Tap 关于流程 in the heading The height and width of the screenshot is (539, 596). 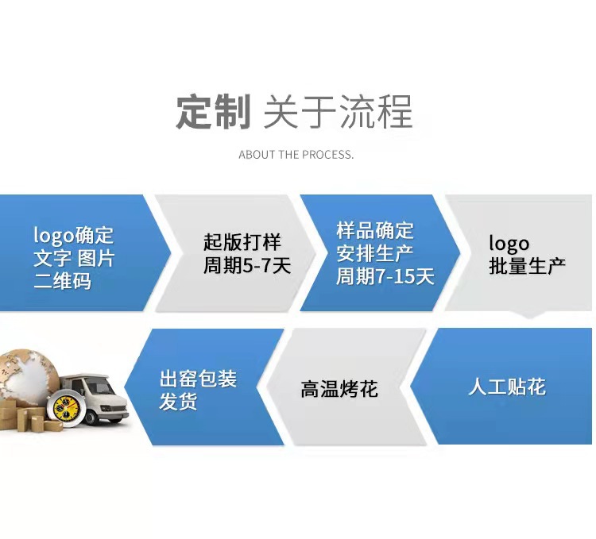(338, 112)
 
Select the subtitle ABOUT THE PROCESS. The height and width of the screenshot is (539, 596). (296, 155)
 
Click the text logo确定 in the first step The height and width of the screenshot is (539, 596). (74, 236)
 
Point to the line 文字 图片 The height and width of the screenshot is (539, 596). (74, 258)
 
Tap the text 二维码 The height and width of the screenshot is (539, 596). (62, 281)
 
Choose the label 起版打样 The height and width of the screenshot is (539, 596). (242, 242)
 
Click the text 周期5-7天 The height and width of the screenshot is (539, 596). (247, 265)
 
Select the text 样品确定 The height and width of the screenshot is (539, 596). (375, 231)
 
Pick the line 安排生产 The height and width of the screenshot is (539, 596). (375, 254)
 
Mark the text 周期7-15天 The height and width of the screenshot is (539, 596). (385, 277)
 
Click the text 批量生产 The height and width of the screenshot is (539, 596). (528, 266)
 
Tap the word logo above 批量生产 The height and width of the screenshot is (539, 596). (509, 243)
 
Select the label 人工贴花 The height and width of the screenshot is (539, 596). (507, 387)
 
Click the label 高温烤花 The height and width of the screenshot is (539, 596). (339, 389)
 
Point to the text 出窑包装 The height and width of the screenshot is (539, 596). (199, 379)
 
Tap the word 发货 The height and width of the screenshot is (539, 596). (178, 402)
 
